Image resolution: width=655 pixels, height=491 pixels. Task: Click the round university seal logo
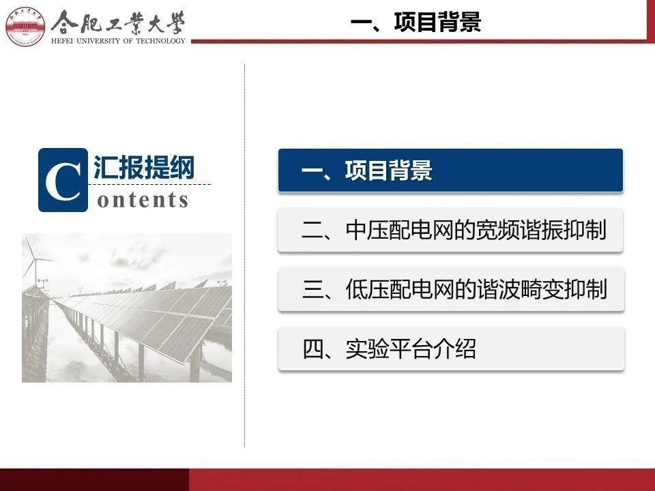click(x=25, y=26)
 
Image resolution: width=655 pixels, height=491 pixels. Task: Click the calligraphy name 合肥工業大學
click(x=118, y=23)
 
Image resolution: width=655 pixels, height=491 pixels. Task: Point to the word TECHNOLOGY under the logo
click(x=160, y=41)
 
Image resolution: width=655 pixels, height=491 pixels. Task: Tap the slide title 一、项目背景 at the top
click(x=416, y=22)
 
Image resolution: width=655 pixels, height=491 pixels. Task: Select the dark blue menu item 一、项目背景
click(x=450, y=170)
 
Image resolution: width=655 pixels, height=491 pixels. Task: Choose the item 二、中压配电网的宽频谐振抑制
click(x=450, y=230)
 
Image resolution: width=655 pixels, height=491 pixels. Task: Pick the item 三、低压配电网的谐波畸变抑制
click(x=451, y=289)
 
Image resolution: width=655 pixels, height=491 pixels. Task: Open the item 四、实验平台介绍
click(x=451, y=348)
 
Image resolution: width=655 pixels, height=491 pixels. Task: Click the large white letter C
click(x=63, y=181)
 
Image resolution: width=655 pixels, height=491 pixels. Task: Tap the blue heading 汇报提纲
click(x=144, y=168)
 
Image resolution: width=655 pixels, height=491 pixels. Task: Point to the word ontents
click(x=143, y=200)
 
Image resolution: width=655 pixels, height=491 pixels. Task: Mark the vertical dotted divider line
click(x=244, y=256)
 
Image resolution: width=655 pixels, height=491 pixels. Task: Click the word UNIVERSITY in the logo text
click(x=98, y=41)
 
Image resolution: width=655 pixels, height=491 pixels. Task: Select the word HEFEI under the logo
click(x=62, y=41)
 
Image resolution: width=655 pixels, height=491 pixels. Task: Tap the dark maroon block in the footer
click(x=94, y=479)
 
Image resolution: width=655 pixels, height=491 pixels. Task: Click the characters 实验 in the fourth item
click(x=367, y=349)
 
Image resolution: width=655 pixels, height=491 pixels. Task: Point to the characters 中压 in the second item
click(x=367, y=230)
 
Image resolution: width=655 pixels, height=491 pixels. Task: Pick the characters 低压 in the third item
click(x=367, y=289)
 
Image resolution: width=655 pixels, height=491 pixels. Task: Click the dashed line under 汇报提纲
click(x=151, y=183)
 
